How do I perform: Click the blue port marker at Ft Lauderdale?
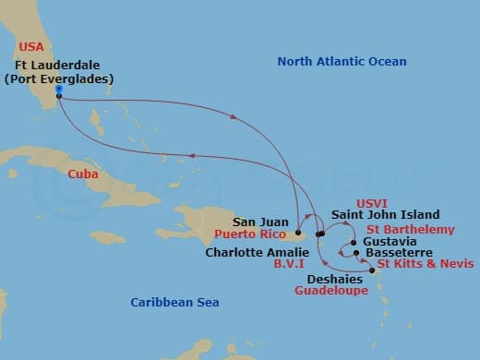pos(58,90)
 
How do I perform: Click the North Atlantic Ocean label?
pos(342,62)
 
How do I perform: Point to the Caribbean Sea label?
pos(174,302)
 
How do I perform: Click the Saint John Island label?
pos(386,214)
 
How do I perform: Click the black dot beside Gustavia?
pos(354,244)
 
